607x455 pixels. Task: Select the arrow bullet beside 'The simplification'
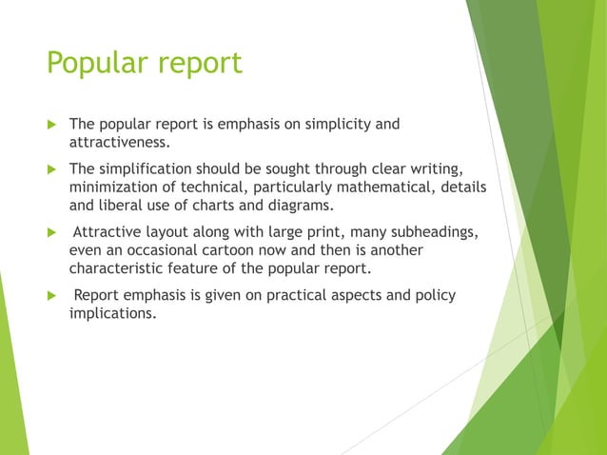[53, 170]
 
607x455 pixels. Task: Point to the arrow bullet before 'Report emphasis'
[53, 296]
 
